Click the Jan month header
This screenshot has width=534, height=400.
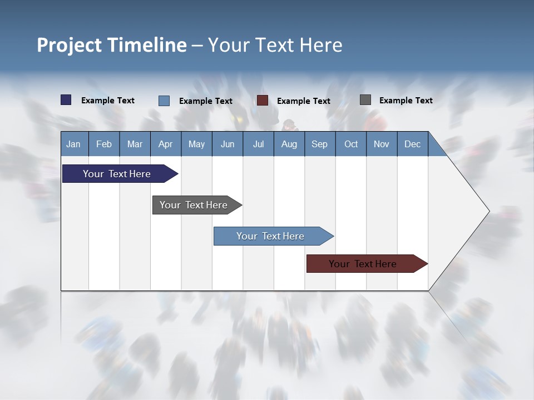pyautogui.click(x=74, y=144)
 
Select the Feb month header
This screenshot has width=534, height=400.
pyautogui.click(x=104, y=144)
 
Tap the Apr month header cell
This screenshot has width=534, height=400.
pyautogui.click(x=166, y=144)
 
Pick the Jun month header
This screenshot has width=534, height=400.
pyautogui.click(x=228, y=144)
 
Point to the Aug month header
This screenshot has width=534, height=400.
pyautogui.click(x=289, y=144)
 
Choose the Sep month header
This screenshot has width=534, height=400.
pyautogui.click(x=320, y=144)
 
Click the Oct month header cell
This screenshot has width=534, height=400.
pyautogui.click(x=351, y=144)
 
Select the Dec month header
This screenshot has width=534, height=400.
pyautogui.click(x=412, y=144)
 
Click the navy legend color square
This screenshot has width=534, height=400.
pyautogui.click(x=66, y=100)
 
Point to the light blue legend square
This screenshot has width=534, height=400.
pyautogui.click(x=164, y=101)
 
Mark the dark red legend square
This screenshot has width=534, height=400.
pyautogui.click(x=263, y=101)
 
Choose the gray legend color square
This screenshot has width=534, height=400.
pyautogui.click(x=365, y=100)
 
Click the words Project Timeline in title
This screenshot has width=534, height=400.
pyautogui.click(x=112, y=45)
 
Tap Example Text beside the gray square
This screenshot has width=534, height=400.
pyautogui.click(x=406, y=100)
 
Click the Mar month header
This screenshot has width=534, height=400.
pyautogui.click(x=135, y=144)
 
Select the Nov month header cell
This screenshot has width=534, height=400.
pyautogui.click(x=382, y=144)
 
